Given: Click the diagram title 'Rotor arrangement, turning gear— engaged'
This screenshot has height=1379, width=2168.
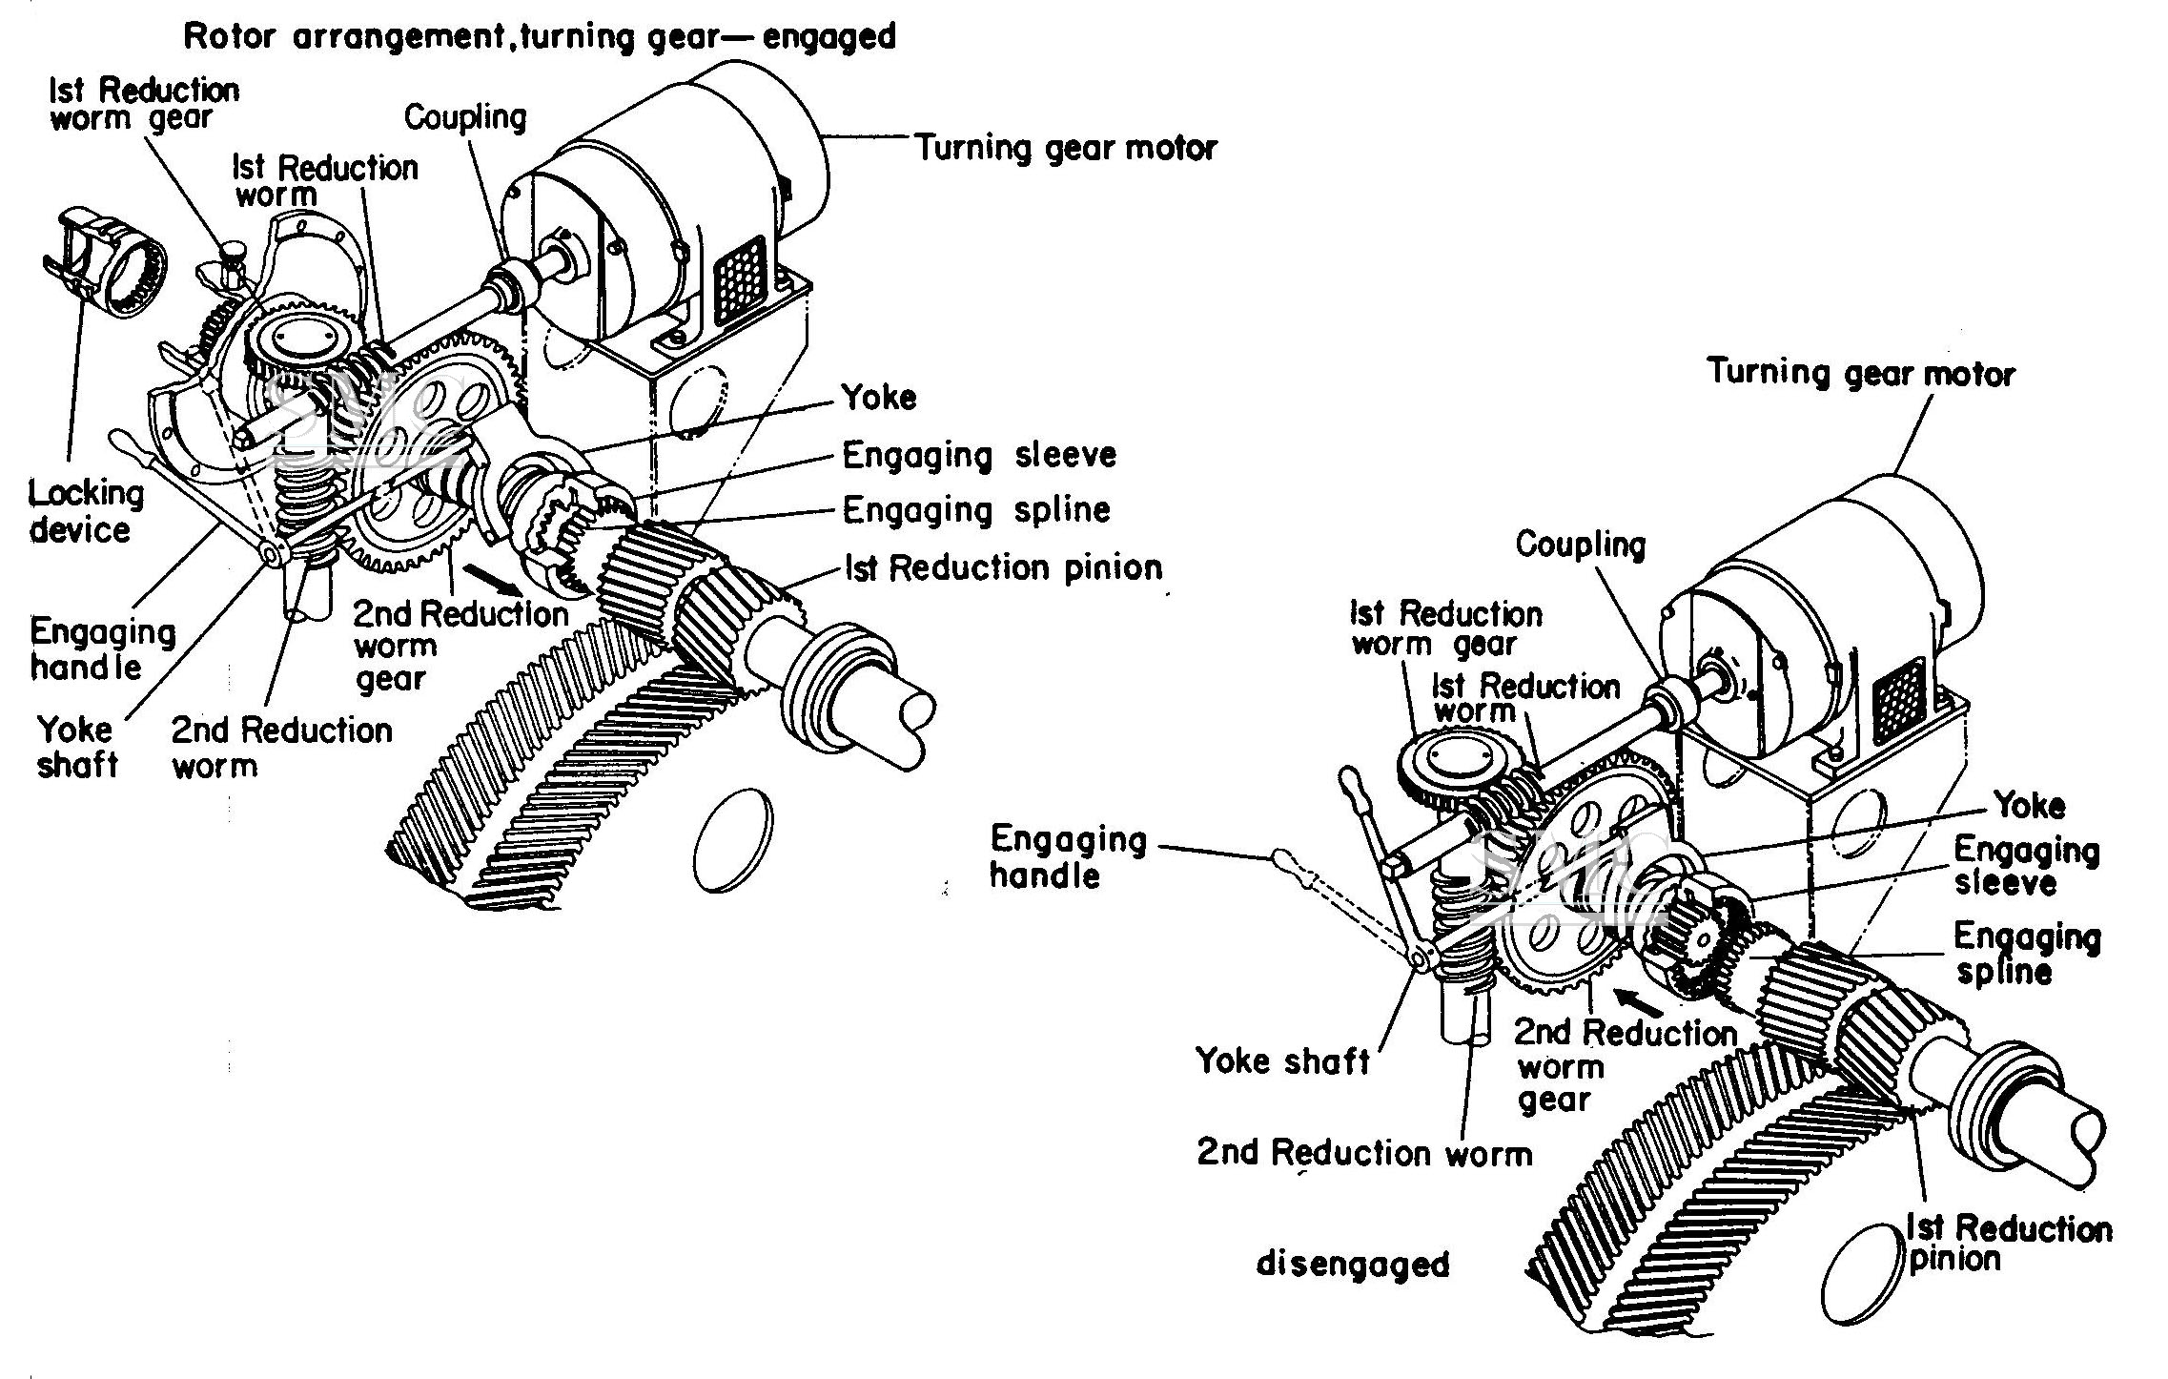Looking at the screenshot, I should pos(540,36).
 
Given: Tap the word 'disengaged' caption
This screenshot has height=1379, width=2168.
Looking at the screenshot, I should pos(1353,1265).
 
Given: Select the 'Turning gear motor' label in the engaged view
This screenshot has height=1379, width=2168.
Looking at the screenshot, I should pos(1066,149).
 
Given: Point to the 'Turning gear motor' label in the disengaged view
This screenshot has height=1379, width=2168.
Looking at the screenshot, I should pos(1860,373).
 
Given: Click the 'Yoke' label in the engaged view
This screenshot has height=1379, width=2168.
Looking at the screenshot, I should pos(878,398).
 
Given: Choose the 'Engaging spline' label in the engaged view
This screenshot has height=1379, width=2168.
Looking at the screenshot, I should pos(976,510).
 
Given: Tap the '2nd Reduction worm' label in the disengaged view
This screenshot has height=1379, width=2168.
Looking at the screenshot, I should pos(1364,1153).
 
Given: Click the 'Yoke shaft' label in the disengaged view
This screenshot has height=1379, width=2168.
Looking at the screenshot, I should pos(1282,1060).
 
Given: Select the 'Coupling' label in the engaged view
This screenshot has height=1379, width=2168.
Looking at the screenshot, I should pos(465,117).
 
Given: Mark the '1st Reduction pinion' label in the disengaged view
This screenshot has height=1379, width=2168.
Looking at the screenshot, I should pos(2008,1243).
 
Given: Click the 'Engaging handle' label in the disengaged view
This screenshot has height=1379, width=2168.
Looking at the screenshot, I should pos(1068,857).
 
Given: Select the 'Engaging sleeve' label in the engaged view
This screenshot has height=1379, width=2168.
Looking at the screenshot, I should pos(979,455).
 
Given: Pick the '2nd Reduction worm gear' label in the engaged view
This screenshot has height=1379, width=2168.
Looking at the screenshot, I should pos(460,646).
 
